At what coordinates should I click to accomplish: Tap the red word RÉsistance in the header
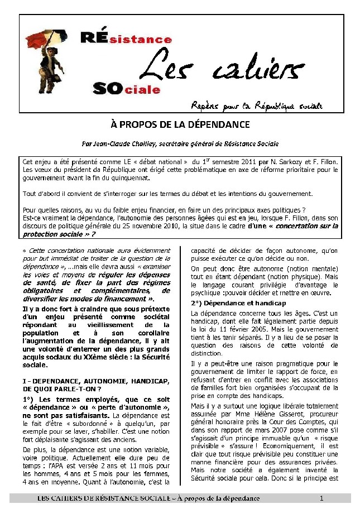(x=126, y=39)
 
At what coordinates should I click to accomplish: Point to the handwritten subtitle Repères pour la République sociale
(x=257, y=105)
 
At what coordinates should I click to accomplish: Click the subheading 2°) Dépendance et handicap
(x=230, y=302)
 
